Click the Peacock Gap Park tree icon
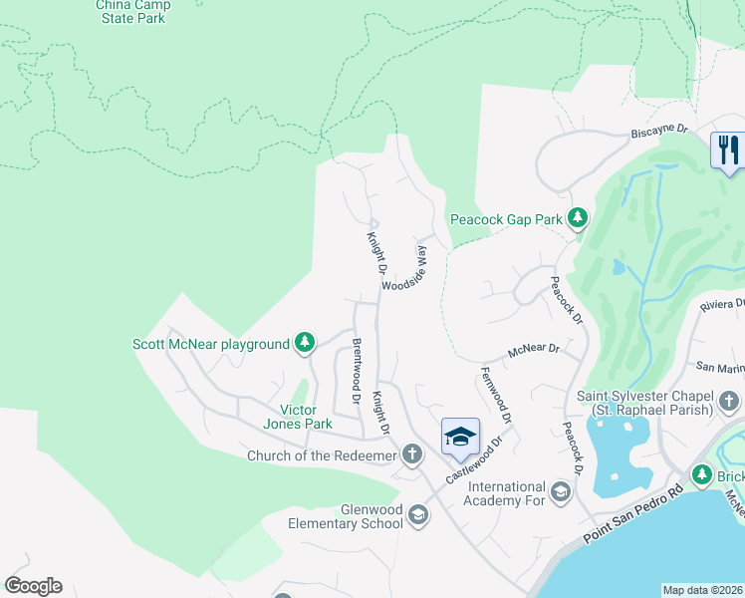(x=577, y=217)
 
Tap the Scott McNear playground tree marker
(x=305, y=344)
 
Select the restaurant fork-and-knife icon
(x=726, y=150)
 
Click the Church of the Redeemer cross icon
(x=412, y=456)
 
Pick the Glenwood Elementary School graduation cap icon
(x=418, y=515)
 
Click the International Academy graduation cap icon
(x=561, y=492)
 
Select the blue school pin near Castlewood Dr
(x=460, y=436)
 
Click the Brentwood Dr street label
(x=356, y=371)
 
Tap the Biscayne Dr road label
(x=659, y=131)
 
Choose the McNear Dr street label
(x=534, y=351)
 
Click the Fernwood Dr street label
(x=495, y=395)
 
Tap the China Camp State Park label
(x=133, y=11)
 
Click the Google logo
(x=33, y=586)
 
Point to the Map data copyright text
(x=703, y=590)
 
